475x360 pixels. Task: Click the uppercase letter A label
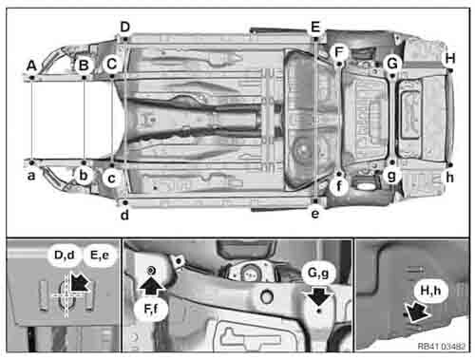click(31, 66)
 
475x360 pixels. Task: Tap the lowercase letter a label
click(31, 176)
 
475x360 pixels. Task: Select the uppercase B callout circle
click(84, 66)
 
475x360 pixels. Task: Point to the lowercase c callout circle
click(111, 179)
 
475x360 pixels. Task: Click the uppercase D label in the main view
click(125, 27)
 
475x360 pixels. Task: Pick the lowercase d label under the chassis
click(124, 216)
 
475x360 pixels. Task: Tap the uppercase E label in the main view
click(315, 27)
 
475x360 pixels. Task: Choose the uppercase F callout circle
click(339, 52)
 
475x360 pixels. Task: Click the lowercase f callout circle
click(339, 186)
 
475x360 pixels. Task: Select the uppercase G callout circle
click(392, 64)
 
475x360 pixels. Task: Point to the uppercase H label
click(450, 59)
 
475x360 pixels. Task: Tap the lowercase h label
click(449, 178)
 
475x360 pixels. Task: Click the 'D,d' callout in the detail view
click(65, 255)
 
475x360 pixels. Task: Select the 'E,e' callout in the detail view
click(100, 255)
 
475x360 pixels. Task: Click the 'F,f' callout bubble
click(151, 309)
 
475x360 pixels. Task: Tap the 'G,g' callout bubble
click(318, 273)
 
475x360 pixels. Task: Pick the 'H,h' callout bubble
click(430, 291)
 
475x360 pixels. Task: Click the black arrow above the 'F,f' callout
click(152, 286)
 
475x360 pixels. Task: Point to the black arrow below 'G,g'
click(319, 296)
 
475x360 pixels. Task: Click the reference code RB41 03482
click(442, 347)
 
